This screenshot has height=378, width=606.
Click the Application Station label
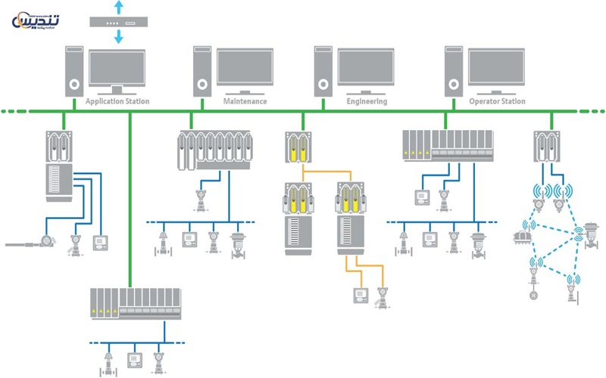coord(117,101)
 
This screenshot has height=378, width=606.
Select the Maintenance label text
coord(245,101)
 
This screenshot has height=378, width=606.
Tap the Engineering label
coord(367,101)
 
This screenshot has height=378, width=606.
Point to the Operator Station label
coord(497,101)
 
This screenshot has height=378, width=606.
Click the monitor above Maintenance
coord(245,68)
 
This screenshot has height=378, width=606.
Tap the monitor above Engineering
coord(366,68)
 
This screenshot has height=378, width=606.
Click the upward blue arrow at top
coord(117,7)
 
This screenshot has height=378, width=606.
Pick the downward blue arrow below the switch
coord(117,36)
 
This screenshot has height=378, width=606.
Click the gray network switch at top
coord(117,21)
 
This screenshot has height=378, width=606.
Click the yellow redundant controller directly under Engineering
coord(298,147)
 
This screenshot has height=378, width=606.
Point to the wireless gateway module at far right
coord(547,147)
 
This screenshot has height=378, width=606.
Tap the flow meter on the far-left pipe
coord(48,242)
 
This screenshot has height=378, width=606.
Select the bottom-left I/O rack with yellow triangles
coord(136,304)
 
